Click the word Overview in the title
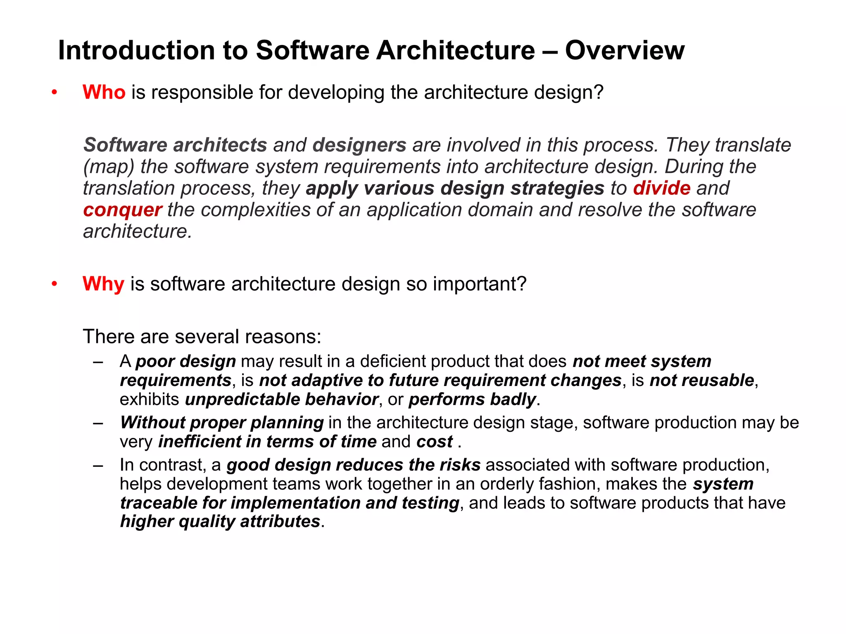[625, 51]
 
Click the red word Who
[104, 92]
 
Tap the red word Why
[103, 284]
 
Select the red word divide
[661, 188]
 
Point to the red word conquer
[122, 210]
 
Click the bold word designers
[359, 145]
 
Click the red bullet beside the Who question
[54, 93]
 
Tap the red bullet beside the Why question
[54, 284]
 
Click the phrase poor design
[186, 362]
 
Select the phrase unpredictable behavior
[281, 400]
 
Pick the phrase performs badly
[472, 400]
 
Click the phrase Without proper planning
[222, 423]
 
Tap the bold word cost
[435, 442]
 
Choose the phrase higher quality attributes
[220, 521]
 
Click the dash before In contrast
[98, 466]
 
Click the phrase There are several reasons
[202, 337]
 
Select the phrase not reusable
[702, 381]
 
